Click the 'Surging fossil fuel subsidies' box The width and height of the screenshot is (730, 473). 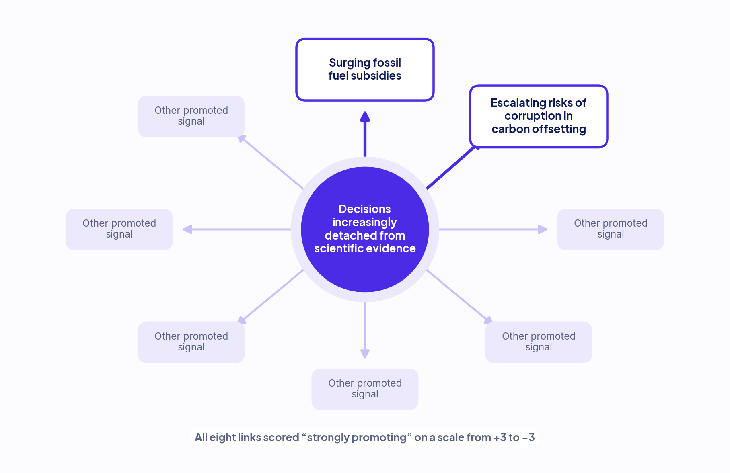(365, 70)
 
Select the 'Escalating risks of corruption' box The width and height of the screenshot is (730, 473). (539, 116)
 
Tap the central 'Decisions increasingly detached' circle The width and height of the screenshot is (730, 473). (365, 229)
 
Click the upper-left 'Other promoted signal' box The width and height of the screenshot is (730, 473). (191, 116)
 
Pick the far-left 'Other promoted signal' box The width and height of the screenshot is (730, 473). (119, 229)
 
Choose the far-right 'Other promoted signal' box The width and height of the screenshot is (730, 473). (611, 229)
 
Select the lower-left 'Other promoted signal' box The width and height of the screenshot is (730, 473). (191, 342)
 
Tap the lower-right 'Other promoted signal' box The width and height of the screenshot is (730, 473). (539, 342)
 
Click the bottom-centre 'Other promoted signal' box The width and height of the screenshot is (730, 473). (365, 389)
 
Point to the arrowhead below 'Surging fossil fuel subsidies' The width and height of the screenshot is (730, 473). (365, 117)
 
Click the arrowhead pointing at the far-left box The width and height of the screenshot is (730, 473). (187, 229)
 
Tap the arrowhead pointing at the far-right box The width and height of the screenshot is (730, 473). (543, 229)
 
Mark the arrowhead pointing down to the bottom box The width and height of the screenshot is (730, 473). (365, 354)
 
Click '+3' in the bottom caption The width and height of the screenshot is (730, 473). (500, 437)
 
